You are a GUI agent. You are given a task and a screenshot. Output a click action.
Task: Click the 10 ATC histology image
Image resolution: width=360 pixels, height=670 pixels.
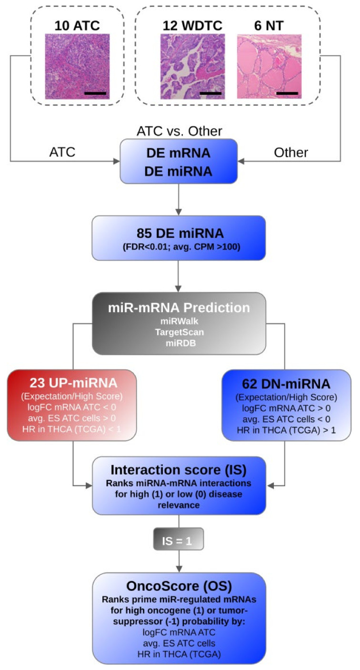(x=77, y=66)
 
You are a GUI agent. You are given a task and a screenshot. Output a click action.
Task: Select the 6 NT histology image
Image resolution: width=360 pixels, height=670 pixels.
(x=269, y=66)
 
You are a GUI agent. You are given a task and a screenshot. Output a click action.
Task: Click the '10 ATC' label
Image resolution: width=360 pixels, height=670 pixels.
(x=77, y=24)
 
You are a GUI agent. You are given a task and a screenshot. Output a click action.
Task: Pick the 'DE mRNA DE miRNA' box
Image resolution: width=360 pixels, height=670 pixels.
(x=179, y=162)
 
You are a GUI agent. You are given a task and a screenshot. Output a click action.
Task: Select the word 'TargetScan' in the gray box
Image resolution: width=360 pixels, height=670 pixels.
(x=179, y=332)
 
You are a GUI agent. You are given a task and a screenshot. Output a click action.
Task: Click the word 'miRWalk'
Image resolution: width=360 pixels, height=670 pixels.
(x=179, y=322)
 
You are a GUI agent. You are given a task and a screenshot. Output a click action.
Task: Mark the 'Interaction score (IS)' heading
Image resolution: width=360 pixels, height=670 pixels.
(x=179, y=470)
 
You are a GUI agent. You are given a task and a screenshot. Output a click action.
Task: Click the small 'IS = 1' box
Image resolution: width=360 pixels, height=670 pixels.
(x=179, y=541)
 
